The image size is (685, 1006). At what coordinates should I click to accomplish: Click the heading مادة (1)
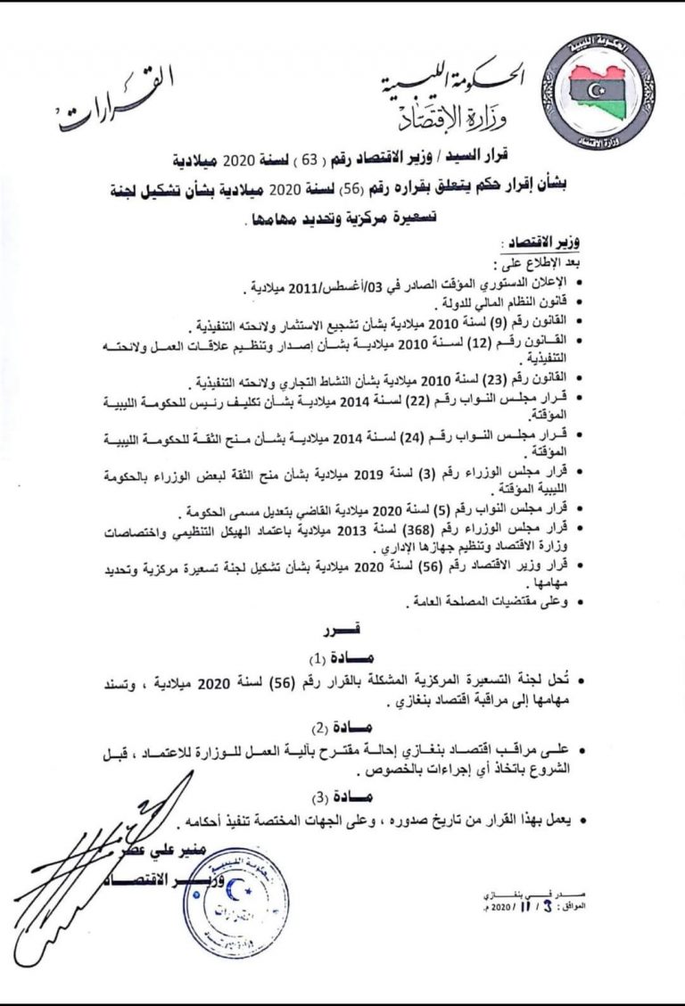coord(332,659)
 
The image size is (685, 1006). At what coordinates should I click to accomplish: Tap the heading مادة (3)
coord(332,793)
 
